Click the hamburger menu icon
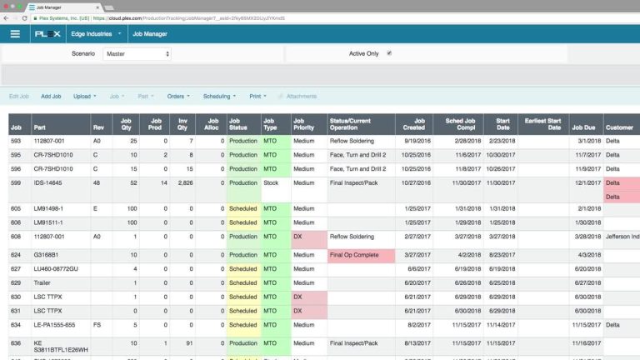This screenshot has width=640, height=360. pyautogui.click(x=15, y=34)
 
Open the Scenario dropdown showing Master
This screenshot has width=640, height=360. pyautogui.click(x=137, y=53)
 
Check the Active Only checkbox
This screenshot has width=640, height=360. pyautogui.click(x=389, y=53)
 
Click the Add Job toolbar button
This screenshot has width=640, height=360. pyautogui.click(x=51, y=97)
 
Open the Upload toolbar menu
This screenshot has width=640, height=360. pyautogui.click(x=84, y=97)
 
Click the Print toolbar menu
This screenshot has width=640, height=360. pyautogui.click(x=259, y=97)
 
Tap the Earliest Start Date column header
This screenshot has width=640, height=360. pyautogui.click(x=542, y=124)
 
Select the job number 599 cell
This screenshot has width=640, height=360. pyautogui.click(x=16, y=182)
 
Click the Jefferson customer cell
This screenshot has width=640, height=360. pyautogui.click(x=621, y=237)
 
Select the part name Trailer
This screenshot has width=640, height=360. pyautogui.click(x=44, y=282)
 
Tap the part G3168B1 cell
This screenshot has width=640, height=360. pyautogui.click(x=47, y=255)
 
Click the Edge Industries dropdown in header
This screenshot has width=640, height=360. pyautogui.click(x=95, y=34)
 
